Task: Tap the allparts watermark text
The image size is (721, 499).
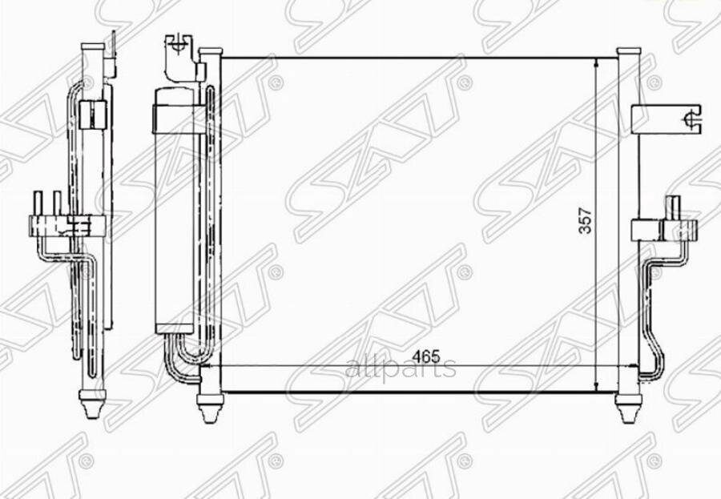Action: pos(400,368)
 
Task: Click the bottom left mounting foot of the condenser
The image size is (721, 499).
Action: pos(208,408)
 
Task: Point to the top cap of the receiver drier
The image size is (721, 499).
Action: pos(173,95)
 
